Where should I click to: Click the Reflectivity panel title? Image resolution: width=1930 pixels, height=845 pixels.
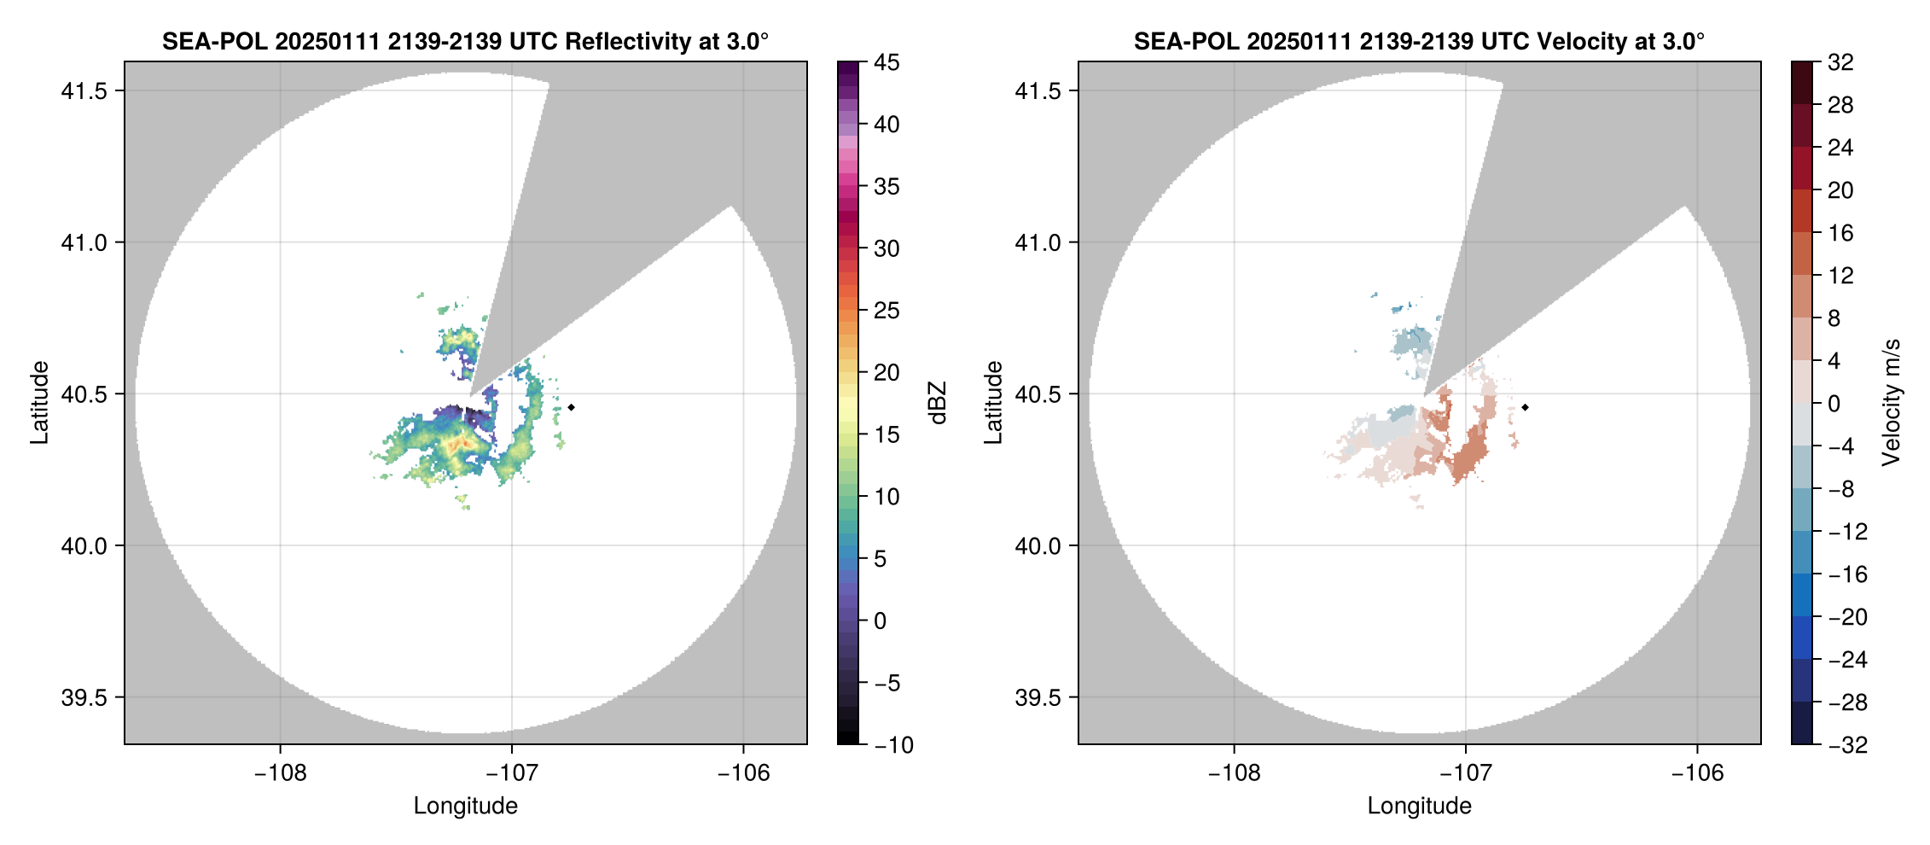pos(465,41)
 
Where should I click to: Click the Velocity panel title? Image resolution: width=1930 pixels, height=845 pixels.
pos(1419,41)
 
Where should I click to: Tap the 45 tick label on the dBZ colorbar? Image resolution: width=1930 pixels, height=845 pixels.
pos(887,62)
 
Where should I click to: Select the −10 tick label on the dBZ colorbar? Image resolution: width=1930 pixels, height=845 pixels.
pos(893,745)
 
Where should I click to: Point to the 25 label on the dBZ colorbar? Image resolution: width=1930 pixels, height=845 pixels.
pos(887,311)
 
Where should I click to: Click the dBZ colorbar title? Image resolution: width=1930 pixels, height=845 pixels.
pos(938,403)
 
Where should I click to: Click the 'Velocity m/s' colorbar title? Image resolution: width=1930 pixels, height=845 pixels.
pos(1892,403)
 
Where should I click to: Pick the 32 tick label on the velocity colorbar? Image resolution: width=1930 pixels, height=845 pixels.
pos(1840,62)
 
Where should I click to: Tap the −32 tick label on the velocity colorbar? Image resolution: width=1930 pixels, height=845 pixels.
pos(1847,745)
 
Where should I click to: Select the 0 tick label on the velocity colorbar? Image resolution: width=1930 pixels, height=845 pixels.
pos(1834,404)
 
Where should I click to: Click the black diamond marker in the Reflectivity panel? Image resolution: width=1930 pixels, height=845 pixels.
pos(571,407)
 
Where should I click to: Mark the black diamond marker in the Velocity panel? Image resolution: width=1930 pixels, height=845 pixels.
pos(1525,407)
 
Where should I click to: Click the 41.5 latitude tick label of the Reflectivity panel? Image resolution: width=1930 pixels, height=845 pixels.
pos(84,91)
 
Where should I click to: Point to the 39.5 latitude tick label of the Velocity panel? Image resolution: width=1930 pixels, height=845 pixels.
pos(1038,697)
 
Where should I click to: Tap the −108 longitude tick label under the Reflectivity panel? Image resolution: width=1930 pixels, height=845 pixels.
pos(280,773)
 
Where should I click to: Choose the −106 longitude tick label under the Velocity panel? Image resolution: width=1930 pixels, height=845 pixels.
pos(1697,773)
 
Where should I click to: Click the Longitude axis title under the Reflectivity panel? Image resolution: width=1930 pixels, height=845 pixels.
pos(465,806)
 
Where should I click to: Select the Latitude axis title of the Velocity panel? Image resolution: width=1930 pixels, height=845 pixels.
pos(992,403)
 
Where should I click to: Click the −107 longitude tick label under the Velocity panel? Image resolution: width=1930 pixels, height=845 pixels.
pos(1465,773)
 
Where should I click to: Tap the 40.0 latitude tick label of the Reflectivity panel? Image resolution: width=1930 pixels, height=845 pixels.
pos(84,545)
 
